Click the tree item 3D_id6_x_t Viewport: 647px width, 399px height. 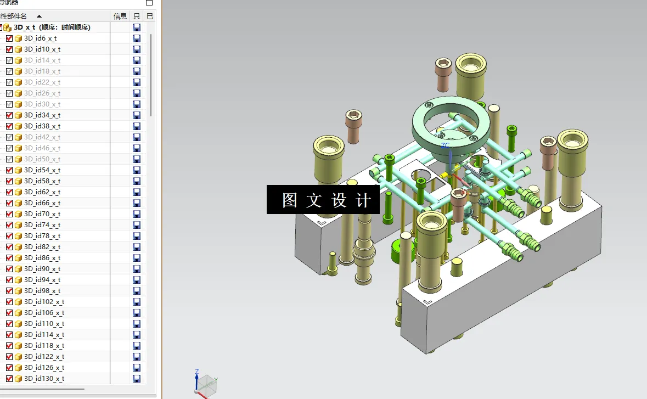pos(40,38)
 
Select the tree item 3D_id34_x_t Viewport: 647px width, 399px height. pos(42,115)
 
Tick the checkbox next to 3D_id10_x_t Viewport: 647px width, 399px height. pos(9,49)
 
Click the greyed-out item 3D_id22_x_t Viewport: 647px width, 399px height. pos(42,82)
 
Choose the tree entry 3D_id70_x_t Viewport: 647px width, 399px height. pos(42,214)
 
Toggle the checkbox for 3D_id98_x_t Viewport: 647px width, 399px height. pos(9,291)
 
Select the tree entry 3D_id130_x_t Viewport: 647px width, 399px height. pos(44,379)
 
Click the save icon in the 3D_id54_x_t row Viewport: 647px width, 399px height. pos(137,170)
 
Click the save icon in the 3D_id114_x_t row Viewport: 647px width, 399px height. pos(137,335)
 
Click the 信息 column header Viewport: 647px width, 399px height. pos(120,16)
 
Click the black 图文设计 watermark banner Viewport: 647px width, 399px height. pos(323,200)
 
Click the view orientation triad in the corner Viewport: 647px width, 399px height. pos(206,384)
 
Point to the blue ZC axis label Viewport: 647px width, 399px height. pos(445,146)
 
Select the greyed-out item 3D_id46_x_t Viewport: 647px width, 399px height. pos(42,148)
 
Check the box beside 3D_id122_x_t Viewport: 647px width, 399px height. pos(9,357)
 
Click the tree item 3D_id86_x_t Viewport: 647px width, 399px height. pos(42,258)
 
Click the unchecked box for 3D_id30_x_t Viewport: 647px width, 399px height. pos(9,104)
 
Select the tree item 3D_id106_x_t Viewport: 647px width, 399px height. pos(44,313)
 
